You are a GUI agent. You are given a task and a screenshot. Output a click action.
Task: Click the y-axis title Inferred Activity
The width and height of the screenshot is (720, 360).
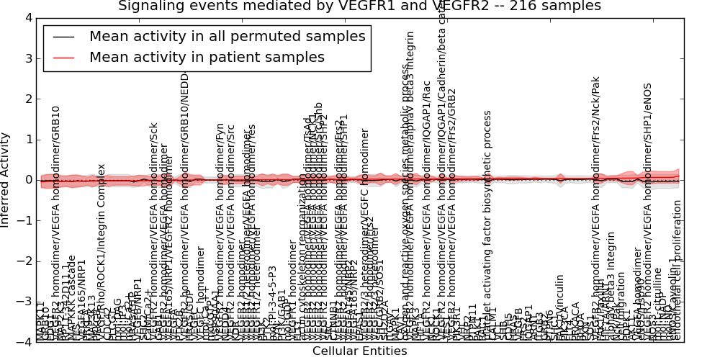(6, 180)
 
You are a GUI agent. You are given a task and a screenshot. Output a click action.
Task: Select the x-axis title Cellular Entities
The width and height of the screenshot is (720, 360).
(359, 351)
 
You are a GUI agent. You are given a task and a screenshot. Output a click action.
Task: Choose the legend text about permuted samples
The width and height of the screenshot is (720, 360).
(227, 37)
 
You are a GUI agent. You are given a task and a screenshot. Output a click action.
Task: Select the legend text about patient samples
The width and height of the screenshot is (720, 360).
(207, 57)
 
